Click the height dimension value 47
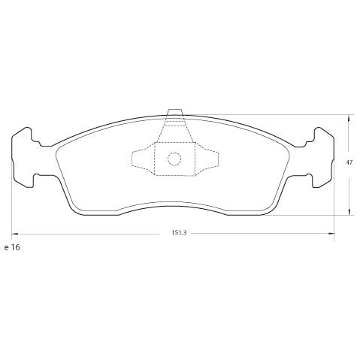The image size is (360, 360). pos(349,162)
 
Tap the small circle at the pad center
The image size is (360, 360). pos(174,159)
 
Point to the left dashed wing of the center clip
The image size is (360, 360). pos(142,159)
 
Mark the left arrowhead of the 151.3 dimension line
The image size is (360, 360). pos(14,233)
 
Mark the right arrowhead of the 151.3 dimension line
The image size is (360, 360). pos(334,233)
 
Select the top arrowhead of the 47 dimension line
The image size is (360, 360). pos(349,117)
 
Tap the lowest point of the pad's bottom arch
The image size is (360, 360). pos(174,200)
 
